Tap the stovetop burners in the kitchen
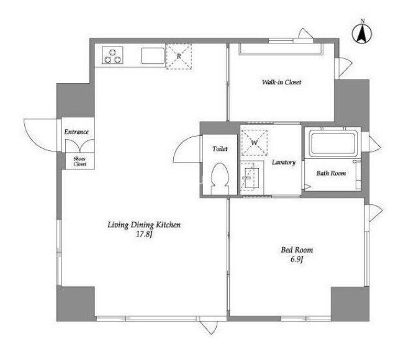click(x=113, y=56)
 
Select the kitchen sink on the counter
click(x=151, y=56)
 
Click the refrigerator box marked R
click(x=178, y=55)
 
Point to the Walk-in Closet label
click(x=281, y=82)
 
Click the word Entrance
click(x=76, y=132)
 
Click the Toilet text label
click(x=220, y=149)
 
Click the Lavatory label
click(x=283, y=163)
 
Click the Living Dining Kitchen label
click(x=143, y=225)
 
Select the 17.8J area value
click(x=143, y=235)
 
